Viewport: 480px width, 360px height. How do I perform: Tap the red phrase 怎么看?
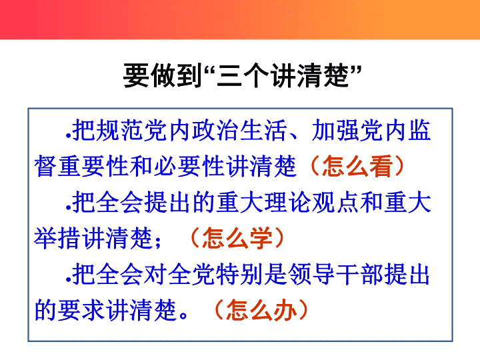[357, 166]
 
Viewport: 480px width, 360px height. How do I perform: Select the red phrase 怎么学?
[237, 238]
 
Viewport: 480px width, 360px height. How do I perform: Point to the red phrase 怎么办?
[261, 310]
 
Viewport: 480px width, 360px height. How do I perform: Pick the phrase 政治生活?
[240, 130]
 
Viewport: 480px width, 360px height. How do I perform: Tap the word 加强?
[336, 130]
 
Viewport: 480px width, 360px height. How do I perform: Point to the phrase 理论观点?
[311, 203]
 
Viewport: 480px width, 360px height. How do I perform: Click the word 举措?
[57, 238]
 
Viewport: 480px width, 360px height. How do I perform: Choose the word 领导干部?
[336, 274]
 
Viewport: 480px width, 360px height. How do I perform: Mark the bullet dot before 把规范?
[68, 136]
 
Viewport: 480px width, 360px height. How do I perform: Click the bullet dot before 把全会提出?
[68, 209]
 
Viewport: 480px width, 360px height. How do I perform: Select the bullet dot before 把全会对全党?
[68, 280]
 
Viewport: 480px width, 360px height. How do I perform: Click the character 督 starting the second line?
[45, 166]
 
